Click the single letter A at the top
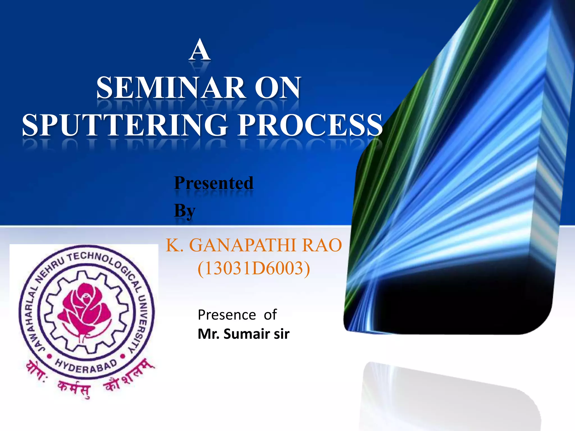[x=200, y=50]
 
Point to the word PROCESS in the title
[x=310, y=125]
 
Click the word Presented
[x=214, y=183]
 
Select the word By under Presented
[x=184, y=210]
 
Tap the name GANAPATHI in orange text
[x=243, y=245]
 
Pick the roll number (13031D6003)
[x=254, y=268]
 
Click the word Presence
[x=227, y=315]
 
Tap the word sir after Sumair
[x=282, y=334]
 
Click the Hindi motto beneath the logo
[x=90, y=379]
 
